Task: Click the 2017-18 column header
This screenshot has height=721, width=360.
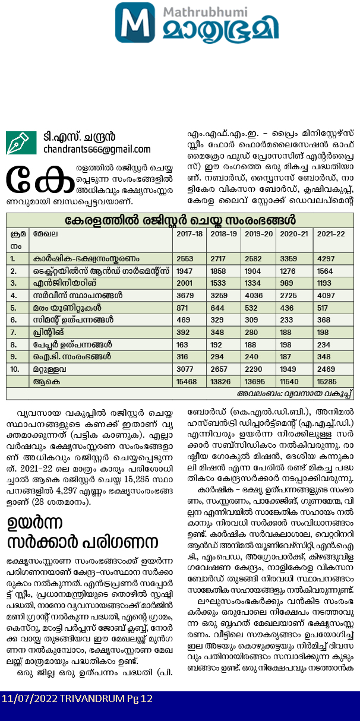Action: [189, 234]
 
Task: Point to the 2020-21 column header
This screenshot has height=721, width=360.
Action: [294, 234]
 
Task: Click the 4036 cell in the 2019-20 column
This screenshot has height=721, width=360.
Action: [254, 295]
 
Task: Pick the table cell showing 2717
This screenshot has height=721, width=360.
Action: [219, 258]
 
